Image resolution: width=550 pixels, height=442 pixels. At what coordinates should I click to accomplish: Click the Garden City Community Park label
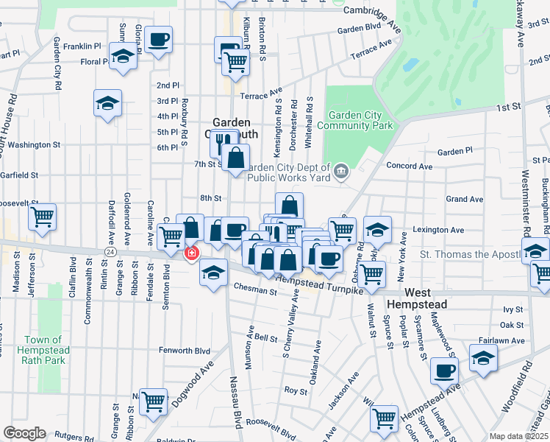click(x=360, y=120)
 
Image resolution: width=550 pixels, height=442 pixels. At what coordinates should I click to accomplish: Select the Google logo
click(x=24, y=433)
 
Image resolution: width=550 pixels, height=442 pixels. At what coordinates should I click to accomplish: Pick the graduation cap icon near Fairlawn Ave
click(x=483, y=358)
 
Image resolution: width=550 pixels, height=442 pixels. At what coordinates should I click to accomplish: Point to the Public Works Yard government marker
click(x=341, y=172)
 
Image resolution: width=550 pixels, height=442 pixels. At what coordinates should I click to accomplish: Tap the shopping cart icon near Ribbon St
click(x=154, y=401)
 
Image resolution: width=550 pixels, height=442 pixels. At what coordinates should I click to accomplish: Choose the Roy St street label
click(x=296, y=391)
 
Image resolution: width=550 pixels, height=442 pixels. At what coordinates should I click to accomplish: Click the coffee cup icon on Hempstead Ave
click(x=443, y=371)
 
